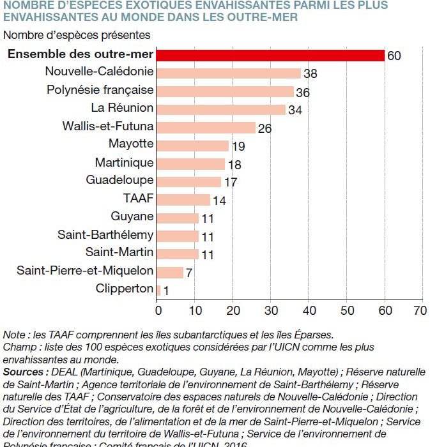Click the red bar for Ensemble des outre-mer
coord(270,55)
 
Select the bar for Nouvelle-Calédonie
coord(229,73)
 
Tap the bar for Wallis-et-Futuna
coord(206,127)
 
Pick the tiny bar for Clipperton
coord(158,290)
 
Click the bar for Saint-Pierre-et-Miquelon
coord(170,272)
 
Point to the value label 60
coord(394,56)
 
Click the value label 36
coord(303,93)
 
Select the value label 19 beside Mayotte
coord(238,147)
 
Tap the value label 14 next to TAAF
coord(219,201)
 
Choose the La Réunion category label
coord(122,108)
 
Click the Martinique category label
coord(124,162)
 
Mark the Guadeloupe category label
coord(119,180)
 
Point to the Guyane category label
coord(132,216)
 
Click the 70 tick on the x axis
coord(420,310)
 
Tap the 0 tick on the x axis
coord(158,310)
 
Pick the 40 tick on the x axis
coord(309,310)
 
